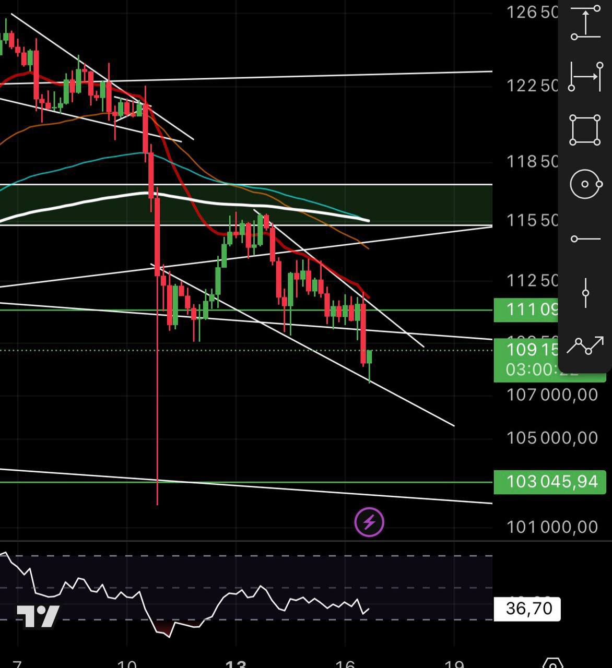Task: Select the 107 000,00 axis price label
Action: (552, 395)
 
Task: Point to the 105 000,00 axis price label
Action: (552, 437)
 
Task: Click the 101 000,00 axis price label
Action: (552, 527)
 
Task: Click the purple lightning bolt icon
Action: (369, 522)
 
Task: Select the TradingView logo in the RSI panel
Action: (38, 616)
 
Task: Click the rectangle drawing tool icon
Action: (585, 130)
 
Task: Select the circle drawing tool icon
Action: (585, 184)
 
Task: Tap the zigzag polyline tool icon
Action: (585, 345)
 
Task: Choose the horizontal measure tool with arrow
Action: (585, 76)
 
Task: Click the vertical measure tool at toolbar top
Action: (585, 22)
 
